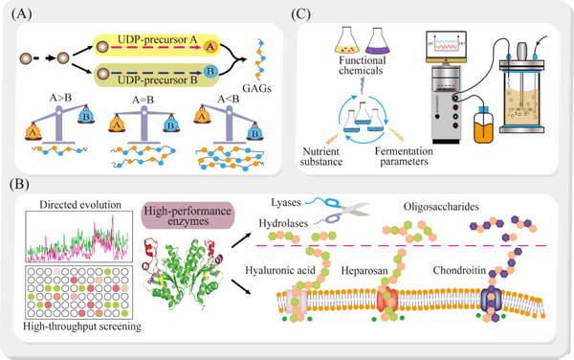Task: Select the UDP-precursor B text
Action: click(151, 81)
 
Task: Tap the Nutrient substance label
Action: click(320, 156)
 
